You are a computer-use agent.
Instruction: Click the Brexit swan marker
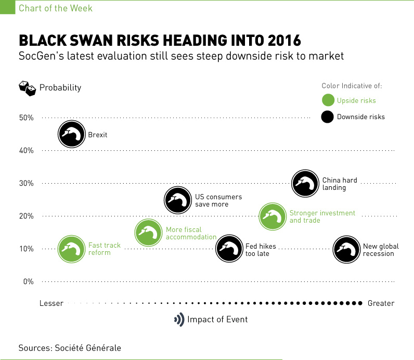(x=71, y=134)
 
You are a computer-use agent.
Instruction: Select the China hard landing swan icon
(x=305, y=183)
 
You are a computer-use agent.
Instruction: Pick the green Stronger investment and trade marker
(x=273, y=216)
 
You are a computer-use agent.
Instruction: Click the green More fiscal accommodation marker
(x=148, y=233)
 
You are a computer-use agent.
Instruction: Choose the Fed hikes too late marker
(x=229, y=248)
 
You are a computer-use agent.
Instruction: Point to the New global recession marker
(x=346, y=249)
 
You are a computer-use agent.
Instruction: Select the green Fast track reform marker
(x=71, y=249)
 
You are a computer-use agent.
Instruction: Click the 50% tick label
(x=26, y=118)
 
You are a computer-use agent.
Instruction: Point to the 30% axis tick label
(x=26, y=183)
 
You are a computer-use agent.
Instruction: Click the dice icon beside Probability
(x=27, y=88)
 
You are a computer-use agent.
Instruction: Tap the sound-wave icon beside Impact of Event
(x=179, y=319)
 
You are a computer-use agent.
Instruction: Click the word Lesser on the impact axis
(x=51, y=303)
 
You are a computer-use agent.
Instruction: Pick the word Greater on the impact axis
(x=381, y=303)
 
